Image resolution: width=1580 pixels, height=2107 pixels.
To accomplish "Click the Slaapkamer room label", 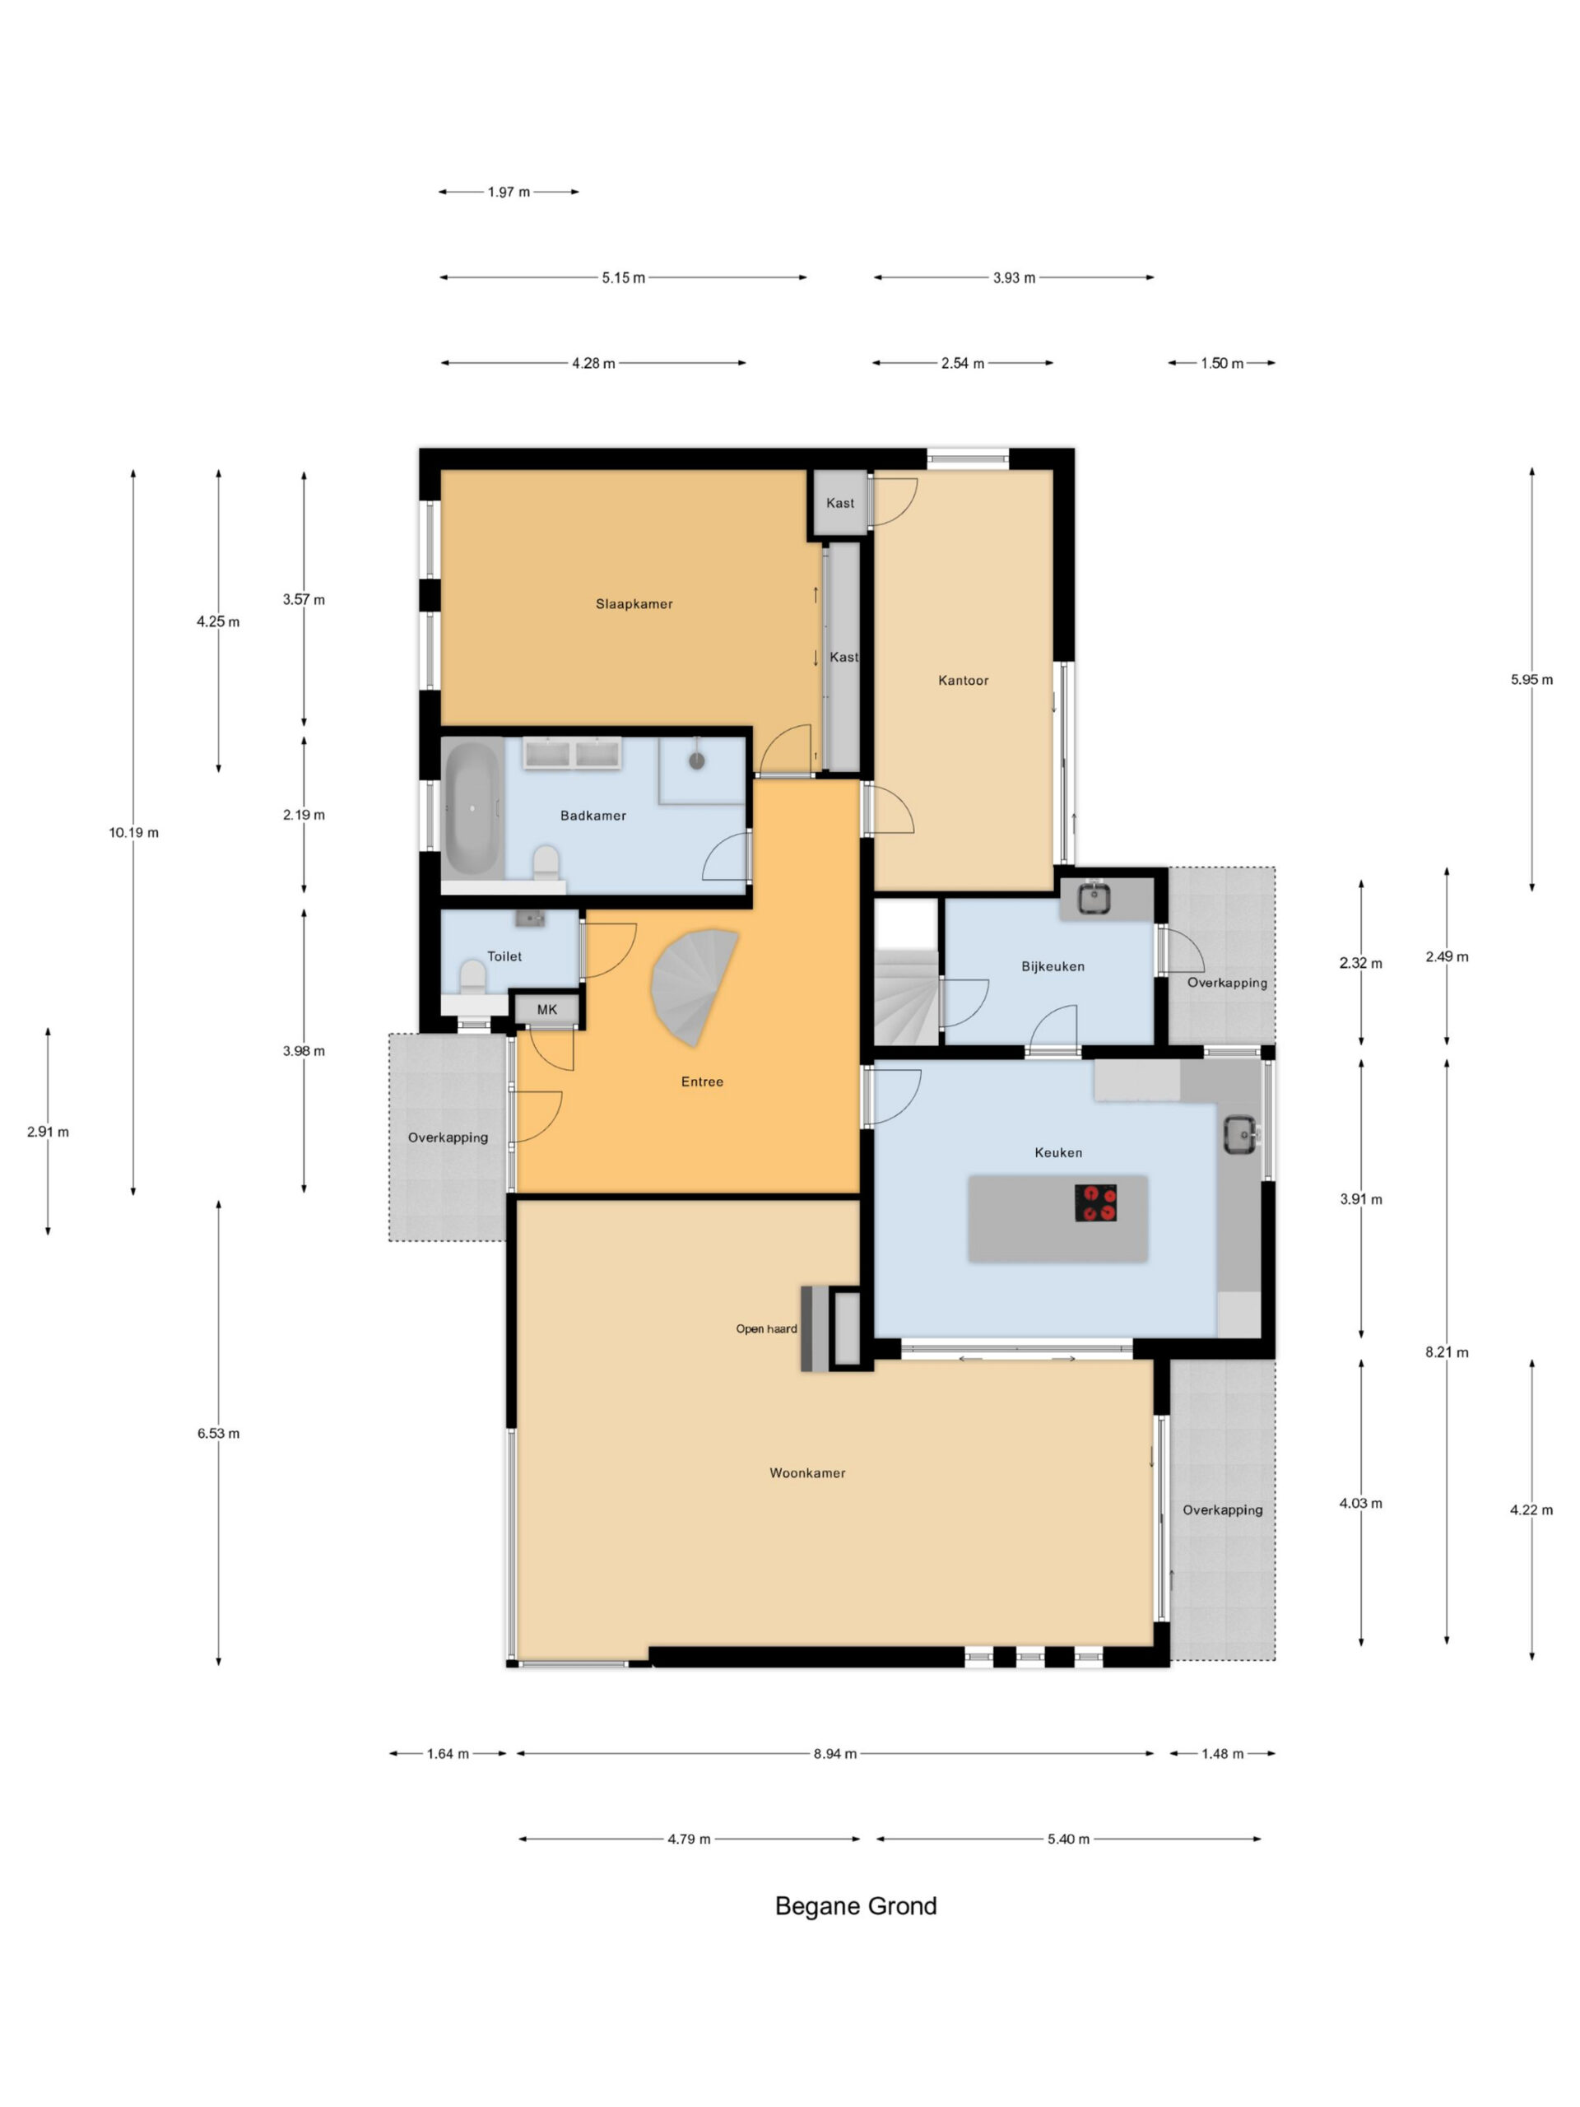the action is click(634, 604).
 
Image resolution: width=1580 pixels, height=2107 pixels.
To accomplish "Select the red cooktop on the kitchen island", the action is click(1095, 1202).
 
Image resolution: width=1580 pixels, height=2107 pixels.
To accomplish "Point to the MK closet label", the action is click(546, 1010).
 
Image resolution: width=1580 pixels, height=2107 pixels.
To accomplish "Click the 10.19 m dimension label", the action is click(133, 833).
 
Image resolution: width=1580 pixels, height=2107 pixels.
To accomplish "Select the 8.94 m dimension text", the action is click(834, 1754).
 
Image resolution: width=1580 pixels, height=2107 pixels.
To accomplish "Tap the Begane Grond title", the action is click(855, 1906).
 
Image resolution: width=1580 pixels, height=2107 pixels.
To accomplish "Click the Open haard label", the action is click(765, 1328).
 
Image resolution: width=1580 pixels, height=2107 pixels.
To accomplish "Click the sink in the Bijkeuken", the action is click(1094, 898).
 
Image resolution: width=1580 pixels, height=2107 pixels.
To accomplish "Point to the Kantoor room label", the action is click(963, 680).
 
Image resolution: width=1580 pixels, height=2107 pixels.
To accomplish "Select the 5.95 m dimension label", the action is click(1531, 679).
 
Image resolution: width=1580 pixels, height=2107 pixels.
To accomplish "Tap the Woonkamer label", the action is click(807, 1472).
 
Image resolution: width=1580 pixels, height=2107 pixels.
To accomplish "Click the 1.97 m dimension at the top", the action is click(509, 193).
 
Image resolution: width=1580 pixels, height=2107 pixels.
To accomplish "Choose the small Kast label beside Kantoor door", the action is click(840, 503).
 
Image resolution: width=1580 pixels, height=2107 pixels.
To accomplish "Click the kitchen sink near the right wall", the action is click(1240, 1134).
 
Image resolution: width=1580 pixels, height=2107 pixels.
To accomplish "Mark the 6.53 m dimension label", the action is click(218, 1434).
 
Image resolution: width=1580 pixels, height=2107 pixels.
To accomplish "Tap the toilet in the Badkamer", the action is click(546, 863).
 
